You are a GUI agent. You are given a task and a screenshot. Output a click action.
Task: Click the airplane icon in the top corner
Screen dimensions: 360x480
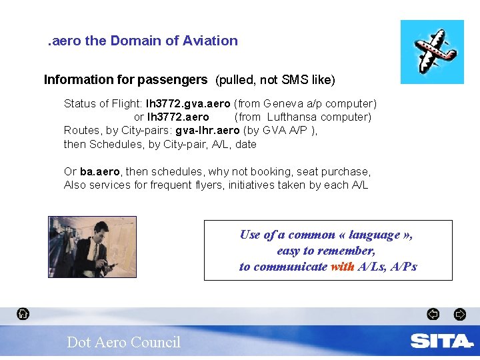click(432, 51)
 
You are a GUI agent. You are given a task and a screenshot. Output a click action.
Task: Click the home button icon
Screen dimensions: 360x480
click(23, 313)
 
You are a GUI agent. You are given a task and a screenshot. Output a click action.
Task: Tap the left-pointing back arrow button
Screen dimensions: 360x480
click(433, 313)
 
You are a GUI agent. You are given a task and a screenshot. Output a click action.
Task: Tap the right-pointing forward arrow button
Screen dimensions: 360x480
click(459, 313)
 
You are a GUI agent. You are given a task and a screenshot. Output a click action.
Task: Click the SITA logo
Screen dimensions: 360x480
click(441, 341)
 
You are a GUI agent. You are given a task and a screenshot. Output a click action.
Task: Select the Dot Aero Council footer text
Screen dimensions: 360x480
click(123, 342)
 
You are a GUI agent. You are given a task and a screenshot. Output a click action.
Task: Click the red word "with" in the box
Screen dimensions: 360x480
click(342, 267)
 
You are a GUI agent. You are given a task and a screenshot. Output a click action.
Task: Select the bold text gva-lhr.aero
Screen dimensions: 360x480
click(207, 131)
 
